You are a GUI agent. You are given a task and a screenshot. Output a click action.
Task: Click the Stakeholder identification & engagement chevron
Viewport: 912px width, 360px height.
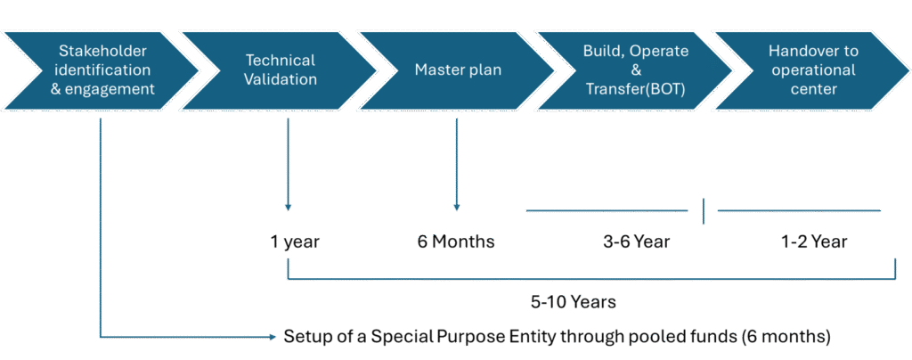[x=102, y=70]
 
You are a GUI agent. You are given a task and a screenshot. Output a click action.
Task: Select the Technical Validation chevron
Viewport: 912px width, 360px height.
[x=280, y=70]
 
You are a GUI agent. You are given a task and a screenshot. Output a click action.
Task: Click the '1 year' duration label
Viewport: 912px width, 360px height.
[x=296, y=241]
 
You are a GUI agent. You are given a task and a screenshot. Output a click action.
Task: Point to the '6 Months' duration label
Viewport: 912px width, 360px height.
[x=456, y=241]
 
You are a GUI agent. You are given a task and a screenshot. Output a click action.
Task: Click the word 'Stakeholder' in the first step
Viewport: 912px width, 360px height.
[x=102, y=51]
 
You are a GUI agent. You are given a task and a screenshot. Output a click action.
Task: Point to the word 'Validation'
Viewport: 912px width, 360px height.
[x=281, y=79]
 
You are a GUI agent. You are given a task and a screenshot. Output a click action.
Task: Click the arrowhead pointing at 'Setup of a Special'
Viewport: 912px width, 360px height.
[x=273, y=337]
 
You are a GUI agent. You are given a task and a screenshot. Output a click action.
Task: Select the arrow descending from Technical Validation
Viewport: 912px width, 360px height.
[x=287, y=169]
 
